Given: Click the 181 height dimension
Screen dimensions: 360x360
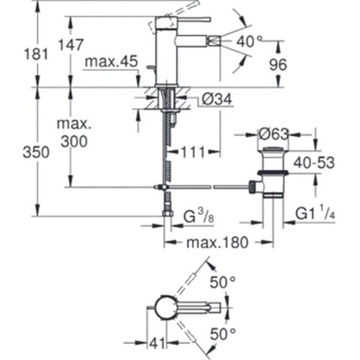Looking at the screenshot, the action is [x=36, y=54].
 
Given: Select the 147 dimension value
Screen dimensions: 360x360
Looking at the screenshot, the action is [x=71, y=45].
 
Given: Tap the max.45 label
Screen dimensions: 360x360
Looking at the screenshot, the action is [x=112, y=61].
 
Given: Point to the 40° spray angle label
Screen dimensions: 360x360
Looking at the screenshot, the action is [x=246, y=42].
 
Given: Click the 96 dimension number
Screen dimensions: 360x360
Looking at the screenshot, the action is [x=278, y=65].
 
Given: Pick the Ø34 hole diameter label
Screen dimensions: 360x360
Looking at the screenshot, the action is [x=217, y=99].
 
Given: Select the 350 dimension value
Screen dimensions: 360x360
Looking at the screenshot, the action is [x=36, y=152].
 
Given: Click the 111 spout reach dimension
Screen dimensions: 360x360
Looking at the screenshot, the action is [x=194, y=152].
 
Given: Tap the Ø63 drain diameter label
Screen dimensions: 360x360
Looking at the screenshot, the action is [x=273, y=134].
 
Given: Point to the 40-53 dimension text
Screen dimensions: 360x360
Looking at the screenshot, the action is [x=314, y=163].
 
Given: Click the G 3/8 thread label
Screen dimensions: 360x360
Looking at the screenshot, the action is [x=199, y=217].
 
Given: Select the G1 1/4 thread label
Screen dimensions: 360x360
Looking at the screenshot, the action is [x=315, y=213].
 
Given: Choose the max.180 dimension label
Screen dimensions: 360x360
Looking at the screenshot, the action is [x=217, y=243].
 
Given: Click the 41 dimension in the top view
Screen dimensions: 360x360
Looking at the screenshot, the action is [x=158, y=343].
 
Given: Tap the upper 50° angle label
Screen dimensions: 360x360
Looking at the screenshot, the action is [x=222, y=282].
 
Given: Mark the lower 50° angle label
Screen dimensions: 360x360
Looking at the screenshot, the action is [x=222, y=334].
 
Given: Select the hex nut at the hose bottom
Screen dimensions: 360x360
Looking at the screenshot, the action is [x=167, y=213].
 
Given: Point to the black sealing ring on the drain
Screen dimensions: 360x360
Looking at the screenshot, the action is [x=273, y=173].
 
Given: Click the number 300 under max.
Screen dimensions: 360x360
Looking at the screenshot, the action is [x=74, y=141].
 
